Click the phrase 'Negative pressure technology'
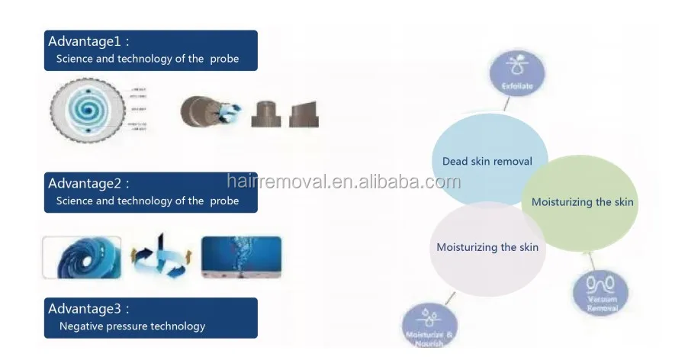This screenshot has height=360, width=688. point(133,326)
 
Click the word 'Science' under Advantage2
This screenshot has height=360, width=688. point(75,201)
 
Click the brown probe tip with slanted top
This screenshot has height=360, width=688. point(304,113)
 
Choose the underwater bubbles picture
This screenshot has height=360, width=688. point(241,257)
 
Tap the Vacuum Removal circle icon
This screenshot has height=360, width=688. point(600,294)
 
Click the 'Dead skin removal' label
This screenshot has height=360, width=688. point(487,161)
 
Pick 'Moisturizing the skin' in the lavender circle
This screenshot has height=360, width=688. point(487,247)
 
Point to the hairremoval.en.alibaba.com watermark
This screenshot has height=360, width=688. point(343,182)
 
